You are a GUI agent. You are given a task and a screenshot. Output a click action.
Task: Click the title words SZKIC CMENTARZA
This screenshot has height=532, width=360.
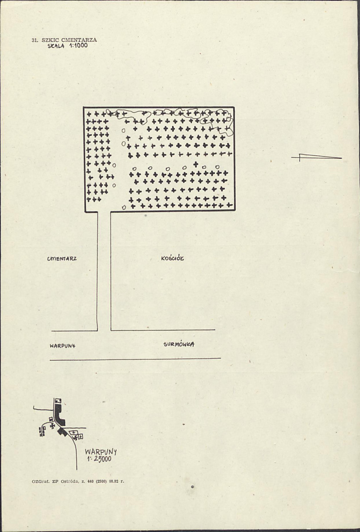coord(69,39)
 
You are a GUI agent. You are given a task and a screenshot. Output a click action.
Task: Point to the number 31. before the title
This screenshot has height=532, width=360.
coord(35,40)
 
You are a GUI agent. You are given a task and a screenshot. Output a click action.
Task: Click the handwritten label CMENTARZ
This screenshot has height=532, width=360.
coord(62,259)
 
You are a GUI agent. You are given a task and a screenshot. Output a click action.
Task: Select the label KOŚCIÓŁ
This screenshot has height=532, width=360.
coord(172,259)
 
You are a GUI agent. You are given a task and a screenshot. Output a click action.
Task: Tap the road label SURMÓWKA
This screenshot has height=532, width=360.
coord(179,344)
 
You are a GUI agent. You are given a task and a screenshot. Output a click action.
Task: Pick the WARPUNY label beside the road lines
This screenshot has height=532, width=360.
coord(63,346)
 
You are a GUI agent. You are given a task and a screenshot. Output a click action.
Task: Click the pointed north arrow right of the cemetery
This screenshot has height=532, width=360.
coord(317,157)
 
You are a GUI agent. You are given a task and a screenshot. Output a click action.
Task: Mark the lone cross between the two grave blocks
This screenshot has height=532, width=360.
coord(196,164)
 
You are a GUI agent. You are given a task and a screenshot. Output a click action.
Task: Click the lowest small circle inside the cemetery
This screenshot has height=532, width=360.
coord(124,207)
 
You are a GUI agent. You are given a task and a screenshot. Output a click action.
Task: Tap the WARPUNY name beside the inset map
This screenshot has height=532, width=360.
coord(101,452)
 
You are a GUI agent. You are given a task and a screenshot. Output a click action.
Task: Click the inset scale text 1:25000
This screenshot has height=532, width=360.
coord(99,459)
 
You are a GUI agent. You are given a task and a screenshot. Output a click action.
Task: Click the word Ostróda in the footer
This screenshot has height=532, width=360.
coord(69,481)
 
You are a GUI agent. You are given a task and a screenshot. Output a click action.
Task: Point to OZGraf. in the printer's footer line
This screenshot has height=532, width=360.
coord(41,481)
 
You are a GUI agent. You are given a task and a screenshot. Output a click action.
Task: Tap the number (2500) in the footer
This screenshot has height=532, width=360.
coord(101,481)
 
